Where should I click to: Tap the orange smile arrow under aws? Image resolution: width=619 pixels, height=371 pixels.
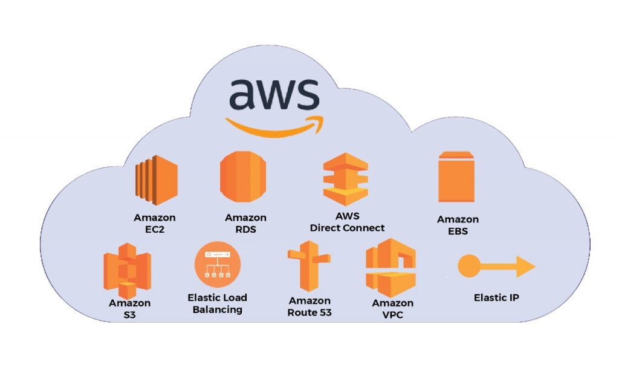(x=273, y=125)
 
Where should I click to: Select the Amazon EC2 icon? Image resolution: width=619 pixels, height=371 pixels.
(x=155, y=179)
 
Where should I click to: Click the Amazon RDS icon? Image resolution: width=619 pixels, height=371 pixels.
(x=242, y=179)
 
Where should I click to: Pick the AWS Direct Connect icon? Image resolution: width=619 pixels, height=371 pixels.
(x=345, y=179)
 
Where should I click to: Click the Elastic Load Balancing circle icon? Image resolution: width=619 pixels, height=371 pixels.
(x=218, y=266)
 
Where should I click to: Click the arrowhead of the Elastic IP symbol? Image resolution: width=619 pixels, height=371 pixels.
(x=524, y=266)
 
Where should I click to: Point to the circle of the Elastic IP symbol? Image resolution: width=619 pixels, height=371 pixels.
(x=469, y=266)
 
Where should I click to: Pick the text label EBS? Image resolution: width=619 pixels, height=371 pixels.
(x=458, y=231)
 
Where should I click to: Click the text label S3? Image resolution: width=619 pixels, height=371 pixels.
(x=129, y=314)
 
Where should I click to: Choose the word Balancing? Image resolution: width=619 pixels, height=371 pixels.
(x=217, y=309)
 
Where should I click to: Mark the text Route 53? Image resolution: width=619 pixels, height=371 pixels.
(x=309, y=312)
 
